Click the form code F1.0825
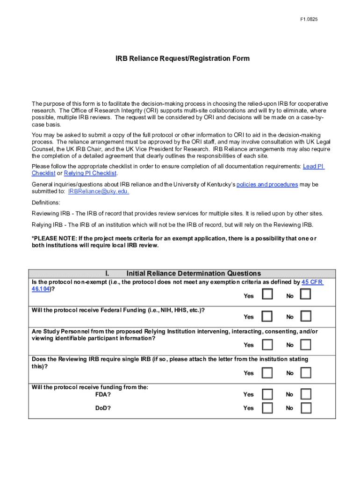click(x=309, y=20)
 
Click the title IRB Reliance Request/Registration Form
click(x=183, y=58)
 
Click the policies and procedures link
click(x=267, y=184)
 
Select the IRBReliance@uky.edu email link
click(x=98, y=191)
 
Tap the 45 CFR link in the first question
click(x=312, y=283)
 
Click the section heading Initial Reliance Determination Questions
click(x=194, y=274)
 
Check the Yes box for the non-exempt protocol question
click(x=267, y=294)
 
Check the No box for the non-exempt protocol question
click(x=305, y=294)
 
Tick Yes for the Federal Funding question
click(x=267, y=316)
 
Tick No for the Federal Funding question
click(x=305, y=316)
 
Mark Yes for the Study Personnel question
click(x=267, y=345)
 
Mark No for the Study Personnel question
click(x=305, y=345)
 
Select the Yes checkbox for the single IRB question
click(x=267, y=373)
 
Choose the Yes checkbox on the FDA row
click(x=267, y=394)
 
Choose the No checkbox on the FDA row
click(x=305, y=394)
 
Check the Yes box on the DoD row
click(x=267, y=408)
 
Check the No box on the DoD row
click(x=305, y=408)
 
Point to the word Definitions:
click(x=46, y=203)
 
